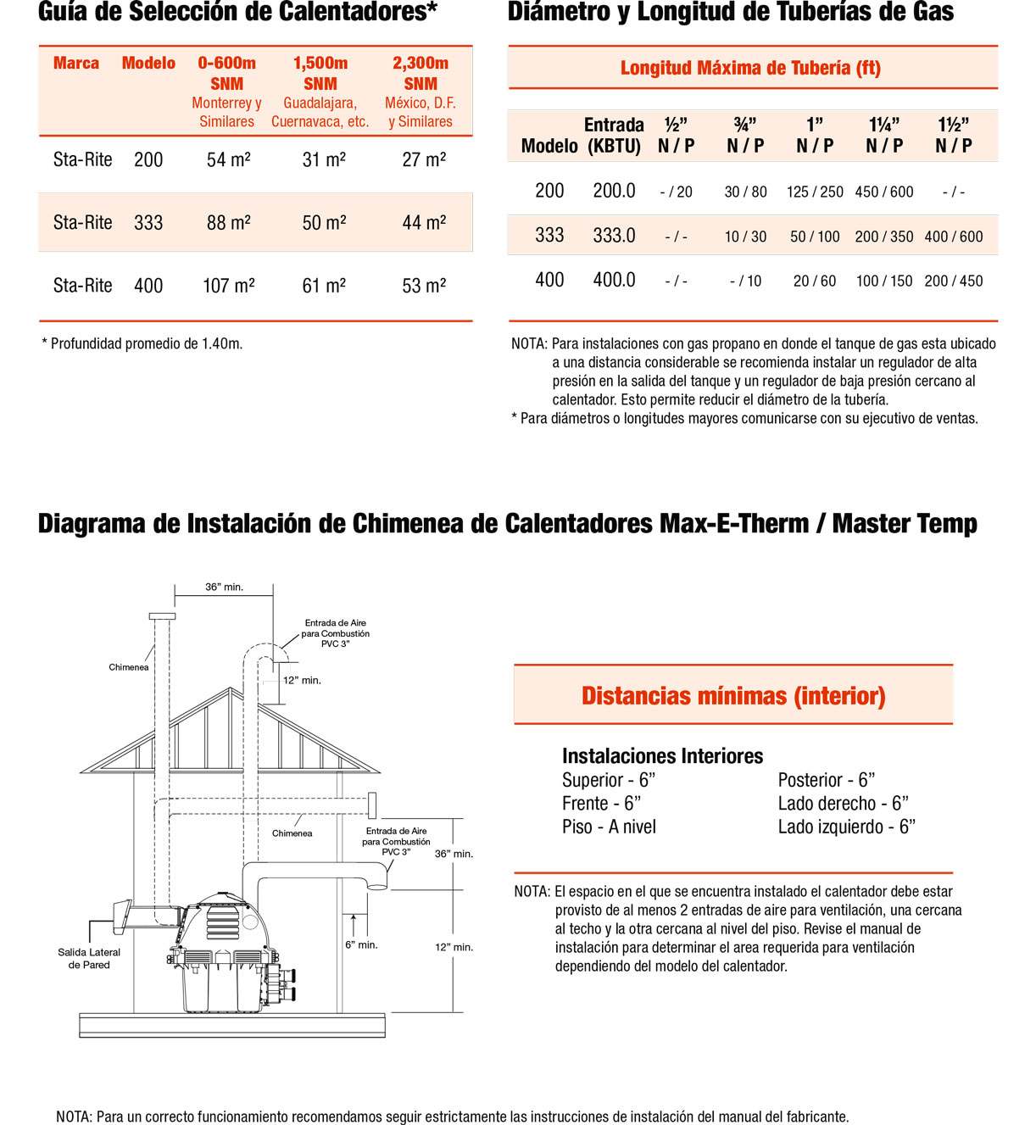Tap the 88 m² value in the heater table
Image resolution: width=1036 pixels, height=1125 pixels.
229,223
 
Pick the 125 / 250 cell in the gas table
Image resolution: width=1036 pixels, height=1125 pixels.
815,192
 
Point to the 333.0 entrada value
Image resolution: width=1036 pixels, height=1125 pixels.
614,236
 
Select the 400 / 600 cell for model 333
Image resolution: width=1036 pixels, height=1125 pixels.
954,237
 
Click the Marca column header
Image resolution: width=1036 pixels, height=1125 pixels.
76,63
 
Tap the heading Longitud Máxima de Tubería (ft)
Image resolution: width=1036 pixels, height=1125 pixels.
750,68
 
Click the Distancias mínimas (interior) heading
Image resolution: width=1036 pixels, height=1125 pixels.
733,696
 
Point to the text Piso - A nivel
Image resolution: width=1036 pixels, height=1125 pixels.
609,827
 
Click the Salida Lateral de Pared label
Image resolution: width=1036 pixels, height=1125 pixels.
89,958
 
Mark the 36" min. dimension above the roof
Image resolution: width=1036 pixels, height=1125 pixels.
224,587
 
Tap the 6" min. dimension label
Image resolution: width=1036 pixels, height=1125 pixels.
361,944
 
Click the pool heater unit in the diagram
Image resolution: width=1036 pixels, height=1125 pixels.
229,954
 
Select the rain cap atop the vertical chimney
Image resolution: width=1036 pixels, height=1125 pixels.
162,616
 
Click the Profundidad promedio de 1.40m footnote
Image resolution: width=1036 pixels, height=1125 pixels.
142,343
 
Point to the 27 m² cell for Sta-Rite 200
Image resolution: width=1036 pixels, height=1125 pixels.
424,159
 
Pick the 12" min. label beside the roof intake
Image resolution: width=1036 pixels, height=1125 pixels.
302,680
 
